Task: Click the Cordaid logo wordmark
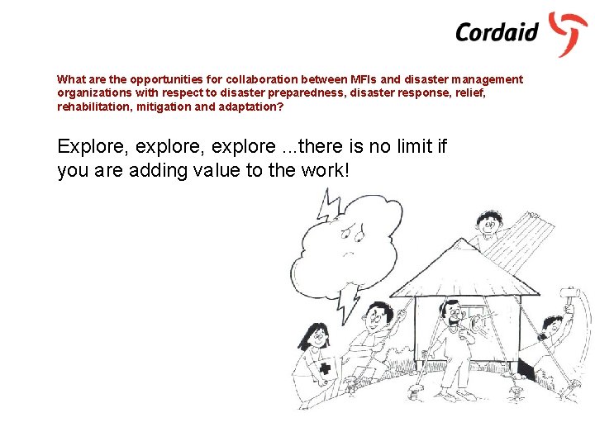(x=497, y=32)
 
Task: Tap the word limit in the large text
(x=409, y=147)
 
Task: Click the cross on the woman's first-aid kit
(x=325, y=369)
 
